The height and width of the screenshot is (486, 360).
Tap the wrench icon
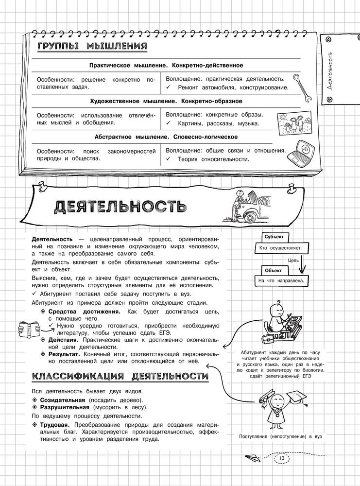click(304, 88)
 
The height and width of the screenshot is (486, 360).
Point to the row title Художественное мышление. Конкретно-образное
click(166, 101)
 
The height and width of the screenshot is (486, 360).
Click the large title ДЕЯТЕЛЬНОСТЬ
click(119, 207)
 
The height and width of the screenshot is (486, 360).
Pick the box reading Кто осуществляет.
click(281, 248)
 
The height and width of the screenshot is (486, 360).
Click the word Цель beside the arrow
click(293, 260)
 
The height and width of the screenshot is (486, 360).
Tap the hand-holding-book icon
click(29, 329)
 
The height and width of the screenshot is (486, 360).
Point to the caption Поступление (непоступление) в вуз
click(281, 436)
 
